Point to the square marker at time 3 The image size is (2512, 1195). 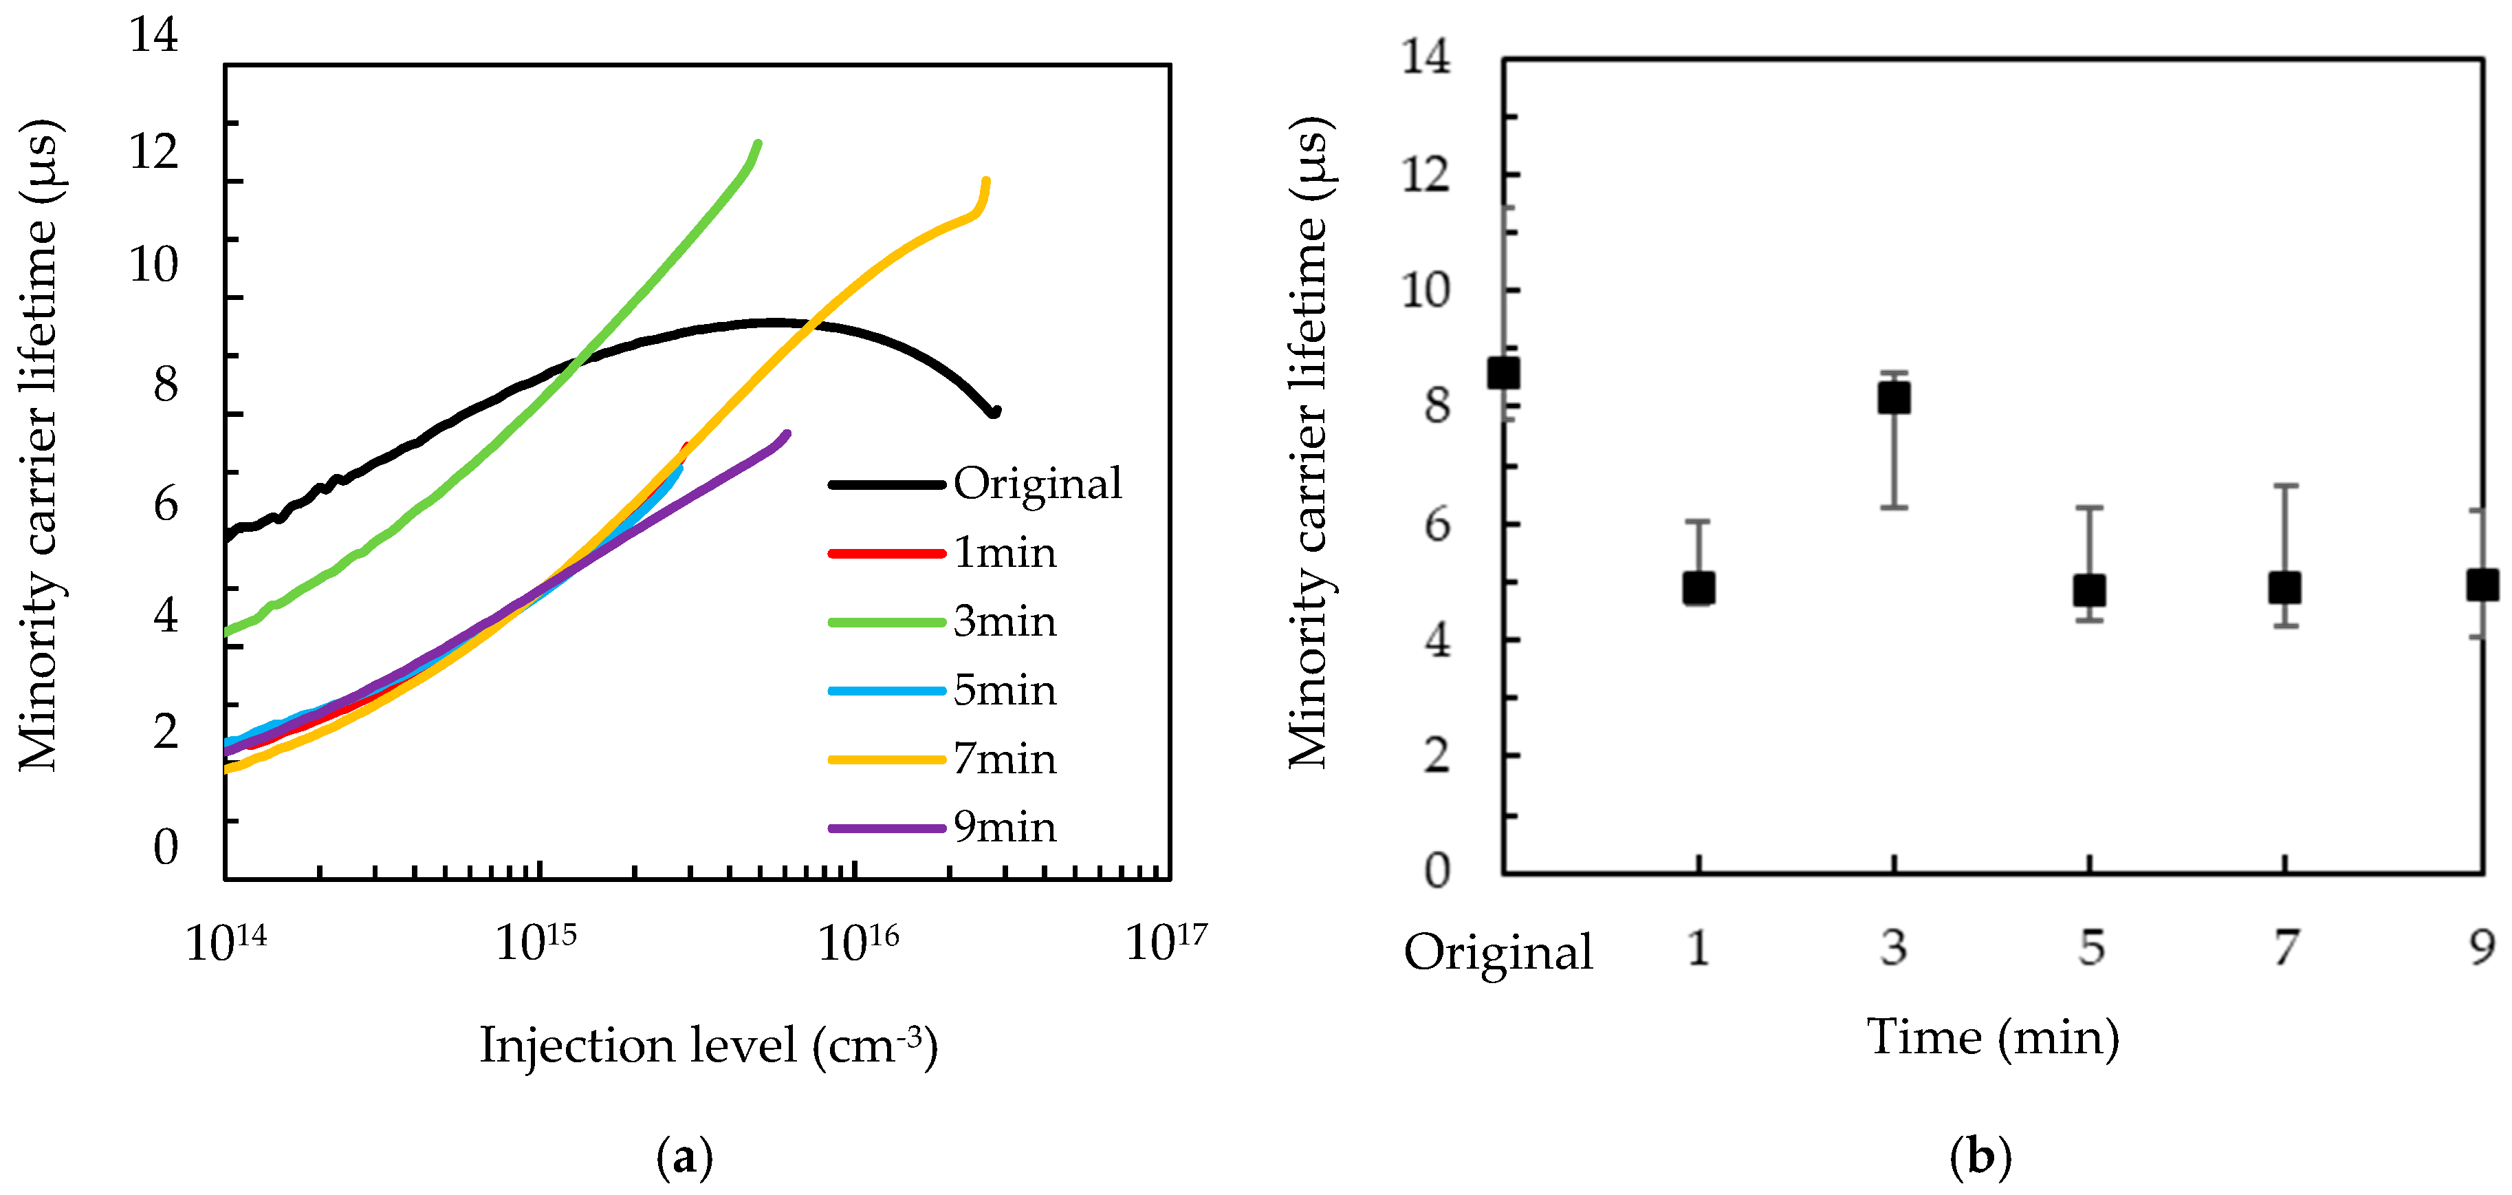(x=1894, y=398)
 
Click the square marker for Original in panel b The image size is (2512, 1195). (x=1504, y=374)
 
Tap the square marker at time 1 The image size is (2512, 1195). (x=1699, y=588)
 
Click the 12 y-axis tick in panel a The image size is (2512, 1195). (x=154, y=151)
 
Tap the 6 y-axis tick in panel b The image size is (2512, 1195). (x=1437, y=525)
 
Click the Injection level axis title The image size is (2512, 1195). (x=709, y=1045)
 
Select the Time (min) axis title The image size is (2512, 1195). (x=1992, y=1036)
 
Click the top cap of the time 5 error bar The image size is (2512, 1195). (x=2089, y=507)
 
